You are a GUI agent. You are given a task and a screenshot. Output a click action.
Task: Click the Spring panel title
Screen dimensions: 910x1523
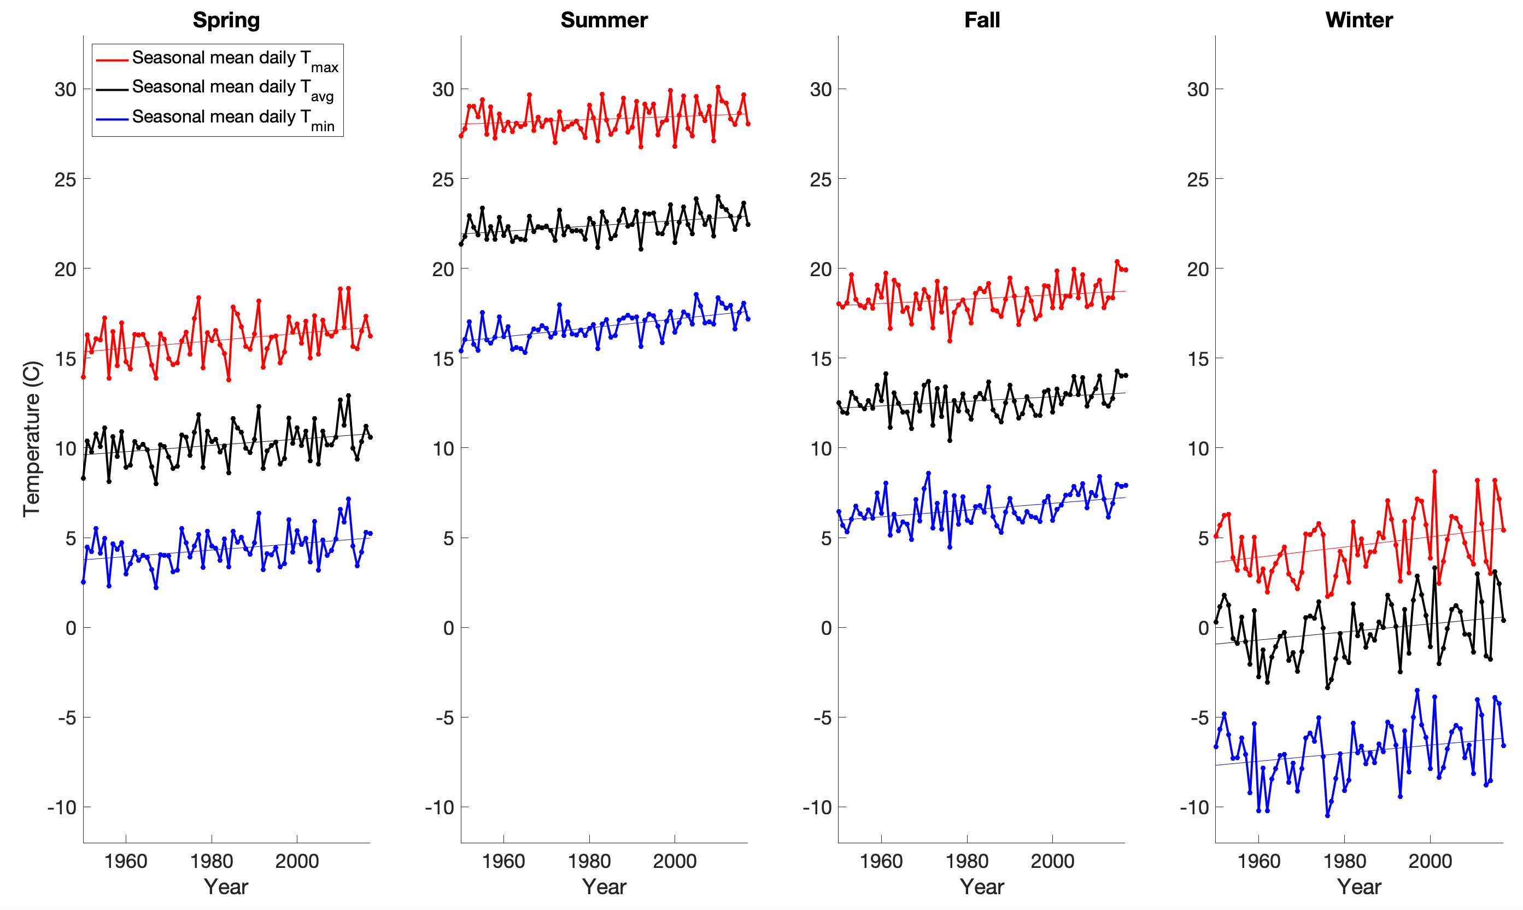[x=226, y=20]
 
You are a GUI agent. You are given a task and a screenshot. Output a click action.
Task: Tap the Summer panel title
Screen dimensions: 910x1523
[x=604, y=20]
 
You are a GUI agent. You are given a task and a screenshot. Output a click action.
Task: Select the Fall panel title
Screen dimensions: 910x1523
[x=982, y=20]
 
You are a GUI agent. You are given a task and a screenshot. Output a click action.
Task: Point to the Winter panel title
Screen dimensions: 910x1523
[x=1359, y=20]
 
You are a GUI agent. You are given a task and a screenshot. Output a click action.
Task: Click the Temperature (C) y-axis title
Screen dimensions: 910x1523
[x=32, y=439]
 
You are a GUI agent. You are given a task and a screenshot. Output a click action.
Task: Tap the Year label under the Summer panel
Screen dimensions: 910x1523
[x=604, y=886]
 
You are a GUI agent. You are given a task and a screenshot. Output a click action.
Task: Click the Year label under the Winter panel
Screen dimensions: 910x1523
[x=1359, y=886]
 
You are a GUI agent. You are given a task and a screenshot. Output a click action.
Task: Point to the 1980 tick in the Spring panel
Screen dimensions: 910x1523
[x=212, y=860]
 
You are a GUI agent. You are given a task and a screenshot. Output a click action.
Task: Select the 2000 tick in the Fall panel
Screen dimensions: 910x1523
[x=1052, y=860]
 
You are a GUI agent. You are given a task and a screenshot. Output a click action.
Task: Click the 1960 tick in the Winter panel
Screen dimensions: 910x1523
[x=1258, y=860]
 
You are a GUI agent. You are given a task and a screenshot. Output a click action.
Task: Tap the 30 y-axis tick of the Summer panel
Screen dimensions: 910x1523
[x=443, y=90]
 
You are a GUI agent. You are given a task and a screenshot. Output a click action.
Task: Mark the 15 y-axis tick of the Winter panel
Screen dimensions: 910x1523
[x=1198, y=359]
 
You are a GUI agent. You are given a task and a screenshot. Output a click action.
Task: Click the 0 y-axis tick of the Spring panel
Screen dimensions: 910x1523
[x=71, y=628]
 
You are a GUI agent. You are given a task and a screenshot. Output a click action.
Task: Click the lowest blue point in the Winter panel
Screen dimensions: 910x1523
[x=1327, y=815]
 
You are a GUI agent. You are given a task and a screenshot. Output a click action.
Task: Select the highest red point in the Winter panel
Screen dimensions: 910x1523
[x=1434, y=471]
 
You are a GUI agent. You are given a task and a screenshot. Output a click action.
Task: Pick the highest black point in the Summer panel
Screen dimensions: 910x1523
[x=718, y=197]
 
